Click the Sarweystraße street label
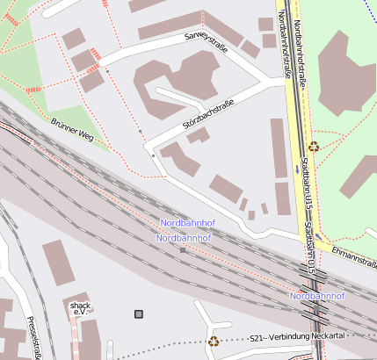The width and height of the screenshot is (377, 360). point(207,40)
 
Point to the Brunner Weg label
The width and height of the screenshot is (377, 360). point(72,130)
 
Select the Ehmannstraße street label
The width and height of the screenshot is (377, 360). point(354,255)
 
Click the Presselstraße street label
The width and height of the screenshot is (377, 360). point(34,338)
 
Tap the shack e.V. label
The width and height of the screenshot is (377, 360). point(80,308)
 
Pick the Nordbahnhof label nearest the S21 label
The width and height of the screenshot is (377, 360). point(317,296)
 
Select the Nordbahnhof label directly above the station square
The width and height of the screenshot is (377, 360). point(185,237)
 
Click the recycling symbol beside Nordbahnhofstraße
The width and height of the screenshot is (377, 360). point(314,147)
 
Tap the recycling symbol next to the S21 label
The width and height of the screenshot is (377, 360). point(213,342)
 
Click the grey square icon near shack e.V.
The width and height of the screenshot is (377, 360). point(138,313)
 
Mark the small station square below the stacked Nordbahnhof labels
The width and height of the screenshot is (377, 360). point(183,250)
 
